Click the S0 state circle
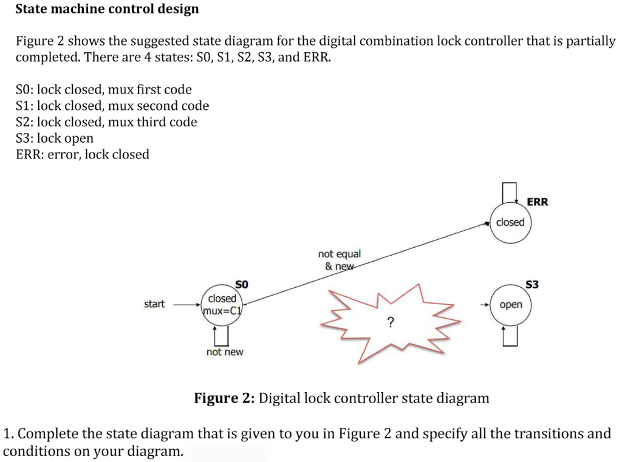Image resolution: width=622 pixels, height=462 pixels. point(222,304)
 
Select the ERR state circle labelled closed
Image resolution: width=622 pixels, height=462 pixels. point(510,222)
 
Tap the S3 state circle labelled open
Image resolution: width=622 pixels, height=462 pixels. point(510,304)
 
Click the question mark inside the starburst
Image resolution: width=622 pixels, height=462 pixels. point(389,322)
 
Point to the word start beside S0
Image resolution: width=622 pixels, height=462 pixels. point(154,304)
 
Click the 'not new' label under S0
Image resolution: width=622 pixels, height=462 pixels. point(224,352)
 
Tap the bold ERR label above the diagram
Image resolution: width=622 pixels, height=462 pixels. point(537,202)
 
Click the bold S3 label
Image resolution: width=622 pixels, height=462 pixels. point(532,284)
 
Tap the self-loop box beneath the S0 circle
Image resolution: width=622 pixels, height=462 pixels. point(222,334)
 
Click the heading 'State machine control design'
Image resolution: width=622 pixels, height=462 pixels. point(107,9)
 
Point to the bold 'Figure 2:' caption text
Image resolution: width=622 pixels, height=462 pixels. point(224,398)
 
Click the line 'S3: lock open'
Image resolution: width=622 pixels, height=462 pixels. point(55,138)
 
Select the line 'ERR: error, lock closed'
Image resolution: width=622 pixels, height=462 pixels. point(82,154)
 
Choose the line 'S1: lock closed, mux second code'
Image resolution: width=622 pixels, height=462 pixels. point(112,106)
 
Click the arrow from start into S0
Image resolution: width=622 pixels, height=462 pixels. point(186,304)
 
